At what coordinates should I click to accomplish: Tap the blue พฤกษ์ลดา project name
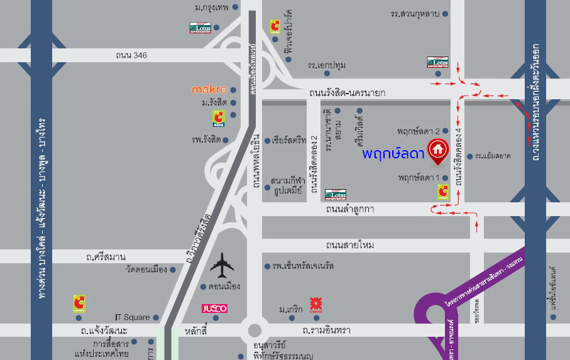pos(393,153)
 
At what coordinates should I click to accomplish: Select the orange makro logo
pos(209,90)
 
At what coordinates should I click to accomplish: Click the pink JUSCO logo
pos(214,308)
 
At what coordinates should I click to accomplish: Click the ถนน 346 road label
pos(131,55)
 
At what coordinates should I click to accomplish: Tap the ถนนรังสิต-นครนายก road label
pos(347,93)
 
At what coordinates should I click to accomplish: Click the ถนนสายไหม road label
pos(350,244)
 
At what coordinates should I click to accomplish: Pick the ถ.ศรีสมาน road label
pos(106,257)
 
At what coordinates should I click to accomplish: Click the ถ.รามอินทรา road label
pos(326,330)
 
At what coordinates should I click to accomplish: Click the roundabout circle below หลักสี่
pos(255,330)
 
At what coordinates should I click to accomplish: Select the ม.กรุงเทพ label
pos(211,8)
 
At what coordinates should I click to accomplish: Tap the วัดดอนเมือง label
pos(146,270)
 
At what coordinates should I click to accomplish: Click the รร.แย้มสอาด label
pos(492,155)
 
